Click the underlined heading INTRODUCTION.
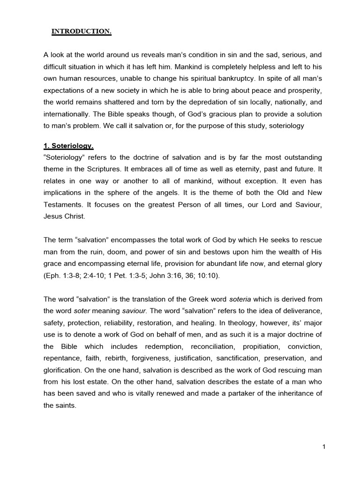pos(81,32)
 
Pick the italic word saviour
pos(135,311)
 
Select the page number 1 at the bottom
pos(323,447)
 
